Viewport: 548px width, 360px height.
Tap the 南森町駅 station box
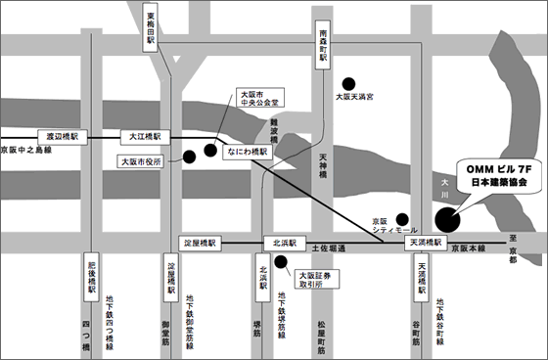[x=323, y=46]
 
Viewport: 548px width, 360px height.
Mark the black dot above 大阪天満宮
[x=347, y=82]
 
